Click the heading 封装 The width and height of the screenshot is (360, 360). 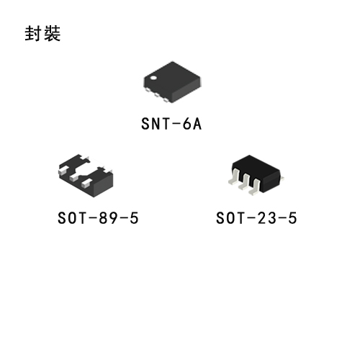[42, 34]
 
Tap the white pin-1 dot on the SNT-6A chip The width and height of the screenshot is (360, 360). [153, 78]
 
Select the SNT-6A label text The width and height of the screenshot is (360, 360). [171, 124]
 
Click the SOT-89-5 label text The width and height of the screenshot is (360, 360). [98, 218]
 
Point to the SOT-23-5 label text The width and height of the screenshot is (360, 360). [256, 218]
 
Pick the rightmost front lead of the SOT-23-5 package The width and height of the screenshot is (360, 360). [255, 187]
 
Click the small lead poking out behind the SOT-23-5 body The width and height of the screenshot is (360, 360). [282, 178]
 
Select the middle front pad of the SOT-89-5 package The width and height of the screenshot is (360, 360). [73, 177]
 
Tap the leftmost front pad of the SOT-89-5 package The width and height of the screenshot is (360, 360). [63, 170]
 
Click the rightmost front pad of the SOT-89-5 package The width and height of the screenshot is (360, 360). [86, 183]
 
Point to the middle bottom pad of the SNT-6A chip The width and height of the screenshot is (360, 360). [157, 95]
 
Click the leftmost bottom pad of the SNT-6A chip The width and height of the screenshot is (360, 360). [148, 90]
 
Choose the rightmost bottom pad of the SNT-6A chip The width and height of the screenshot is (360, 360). [166, 100]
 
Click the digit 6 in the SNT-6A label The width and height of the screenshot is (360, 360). [186, 124]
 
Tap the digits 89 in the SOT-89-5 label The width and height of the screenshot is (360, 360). [105, 218]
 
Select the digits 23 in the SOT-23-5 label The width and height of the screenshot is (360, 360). [264, 218]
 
